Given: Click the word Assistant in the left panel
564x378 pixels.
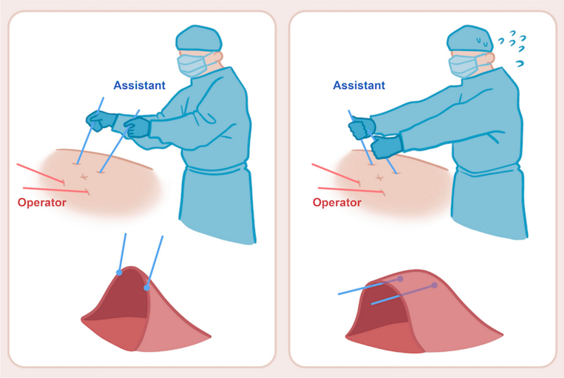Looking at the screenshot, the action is pyautogui.click(x=140, y=85).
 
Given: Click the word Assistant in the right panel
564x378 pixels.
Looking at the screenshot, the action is pyautogui.click(x=359, y=85).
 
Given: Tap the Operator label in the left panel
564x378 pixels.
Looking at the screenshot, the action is pyautogui.click(x=42, y=203).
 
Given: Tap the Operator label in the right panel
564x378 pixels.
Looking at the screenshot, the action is pyautogui.click(x=337, y=203).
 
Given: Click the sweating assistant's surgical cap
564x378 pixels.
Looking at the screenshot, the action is pyautogui.click(x=470, y=39).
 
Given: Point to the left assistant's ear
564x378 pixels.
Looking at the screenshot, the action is pyautogui.click(x=218, y=57).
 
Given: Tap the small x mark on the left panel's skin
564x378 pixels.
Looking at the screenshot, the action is pyautogui.click(x=84, y=177).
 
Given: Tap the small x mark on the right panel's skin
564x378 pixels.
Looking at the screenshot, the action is pyautogui.click(x=379, y=178).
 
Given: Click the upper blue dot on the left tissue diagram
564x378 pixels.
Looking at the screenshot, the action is pyautogui.click(x=119, y=273).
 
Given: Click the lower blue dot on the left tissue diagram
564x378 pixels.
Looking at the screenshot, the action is pyautogui.click(x=147, y=288).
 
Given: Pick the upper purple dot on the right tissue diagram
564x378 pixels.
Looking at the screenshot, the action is pyautogui.click(x=400, y=279).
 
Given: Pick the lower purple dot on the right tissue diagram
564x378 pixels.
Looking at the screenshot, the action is pyautogui.click(x=434, y=285).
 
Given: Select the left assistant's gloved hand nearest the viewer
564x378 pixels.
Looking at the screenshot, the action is pyautogui.click(x=137, y=128).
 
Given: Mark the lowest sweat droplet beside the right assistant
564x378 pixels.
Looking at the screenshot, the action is pyautogui.click(x=520, y=64).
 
